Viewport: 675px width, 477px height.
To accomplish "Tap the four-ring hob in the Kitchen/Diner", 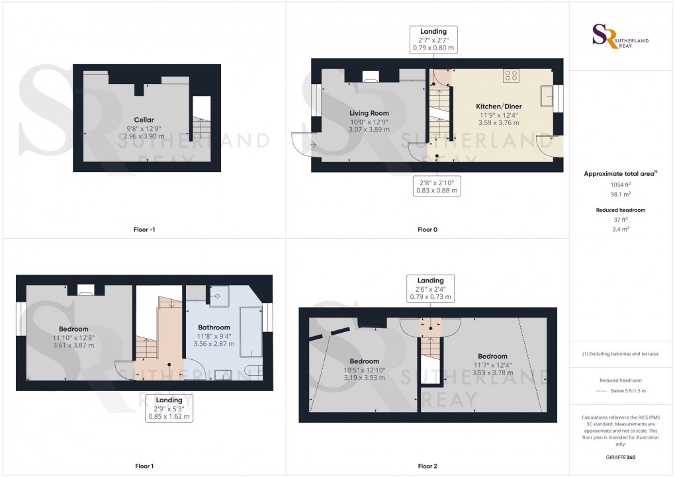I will [511, 75].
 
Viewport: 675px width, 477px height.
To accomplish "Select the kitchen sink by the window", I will [547, 96].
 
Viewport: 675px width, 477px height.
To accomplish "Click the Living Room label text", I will [369, 113].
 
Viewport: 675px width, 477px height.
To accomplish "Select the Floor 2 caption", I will [427, 466].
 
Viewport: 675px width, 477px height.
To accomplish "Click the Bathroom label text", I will [214, 327].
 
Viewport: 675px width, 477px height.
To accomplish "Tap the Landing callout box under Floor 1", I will [169, 408].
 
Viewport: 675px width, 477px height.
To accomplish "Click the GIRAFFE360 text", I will [621, 457].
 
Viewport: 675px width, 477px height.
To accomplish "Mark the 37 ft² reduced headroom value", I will [620, 220].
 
